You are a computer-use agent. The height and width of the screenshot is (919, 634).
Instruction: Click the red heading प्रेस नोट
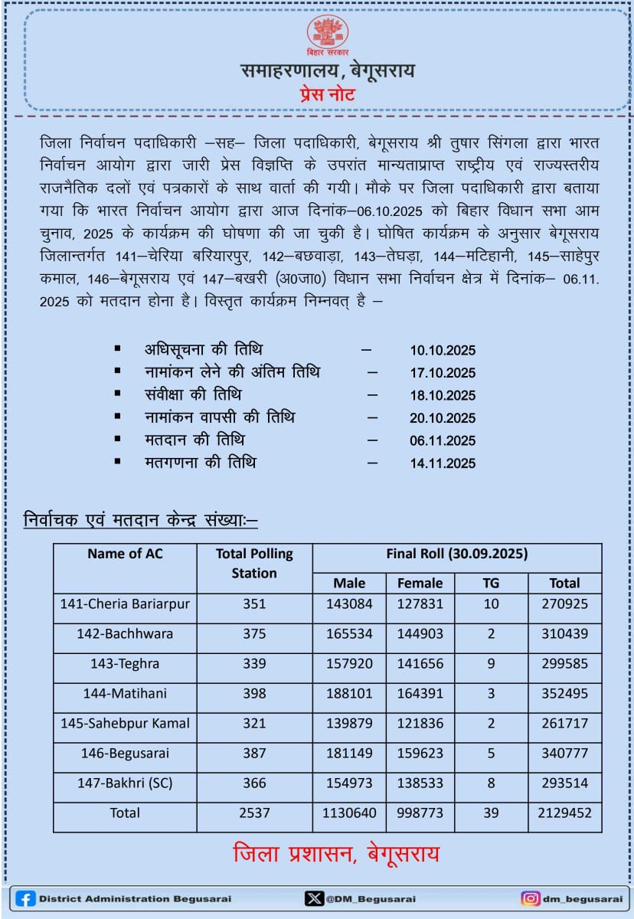327,96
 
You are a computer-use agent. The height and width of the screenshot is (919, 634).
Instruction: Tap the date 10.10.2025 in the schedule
443,351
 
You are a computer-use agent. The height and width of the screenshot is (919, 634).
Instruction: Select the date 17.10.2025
443,373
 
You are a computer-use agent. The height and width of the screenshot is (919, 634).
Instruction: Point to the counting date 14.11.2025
443,463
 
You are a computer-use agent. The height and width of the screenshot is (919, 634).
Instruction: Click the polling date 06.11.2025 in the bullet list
443,441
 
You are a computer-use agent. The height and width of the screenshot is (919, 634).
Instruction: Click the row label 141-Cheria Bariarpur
125,603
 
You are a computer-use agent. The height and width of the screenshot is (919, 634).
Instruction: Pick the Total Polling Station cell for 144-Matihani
254,693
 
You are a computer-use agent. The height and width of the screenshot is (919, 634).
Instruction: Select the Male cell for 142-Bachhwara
349,633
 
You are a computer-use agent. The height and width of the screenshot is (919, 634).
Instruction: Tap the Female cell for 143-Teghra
420,663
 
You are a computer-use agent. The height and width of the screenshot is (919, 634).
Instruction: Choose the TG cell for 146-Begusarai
491,753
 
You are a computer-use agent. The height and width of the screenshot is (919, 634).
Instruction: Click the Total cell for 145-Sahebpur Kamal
564,723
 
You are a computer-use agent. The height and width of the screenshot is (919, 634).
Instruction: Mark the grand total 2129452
564,813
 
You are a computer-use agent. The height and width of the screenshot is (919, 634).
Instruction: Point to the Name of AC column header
125,554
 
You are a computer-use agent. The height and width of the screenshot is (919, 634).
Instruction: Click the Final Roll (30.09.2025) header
457,554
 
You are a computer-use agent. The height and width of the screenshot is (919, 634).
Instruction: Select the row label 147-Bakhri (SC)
125,783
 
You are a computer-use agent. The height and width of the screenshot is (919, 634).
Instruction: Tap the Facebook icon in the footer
25,898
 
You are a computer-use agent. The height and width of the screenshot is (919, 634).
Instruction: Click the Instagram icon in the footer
530,898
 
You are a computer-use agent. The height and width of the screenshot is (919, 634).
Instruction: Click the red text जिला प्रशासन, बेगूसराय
336,854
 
